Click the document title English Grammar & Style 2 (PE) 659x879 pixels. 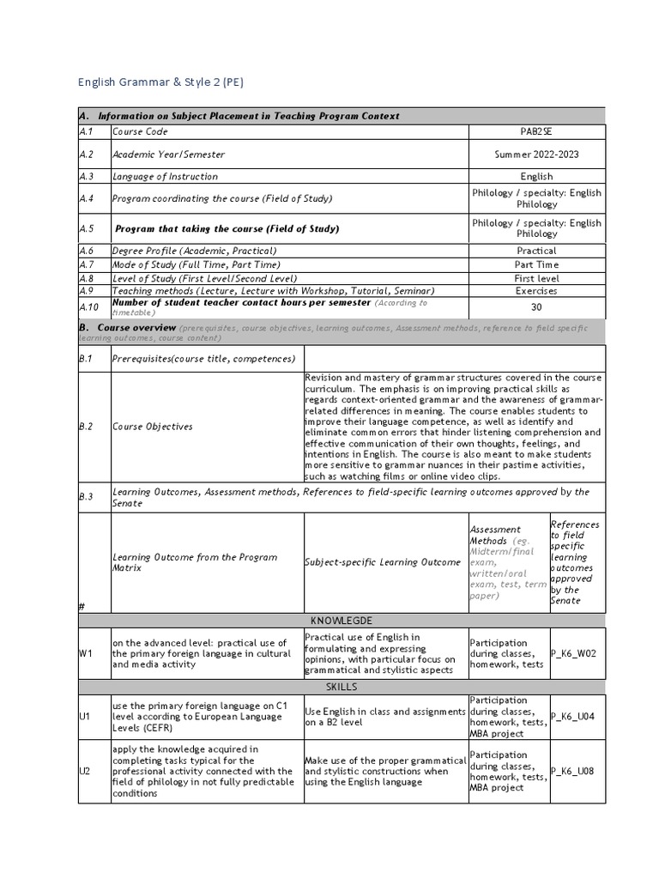tap(161, 82)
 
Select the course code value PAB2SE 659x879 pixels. tap(536, 132)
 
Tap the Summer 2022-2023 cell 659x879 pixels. tap(536, 155)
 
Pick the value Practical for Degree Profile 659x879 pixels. tap(536, 251)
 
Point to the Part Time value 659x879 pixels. tap(536, 264)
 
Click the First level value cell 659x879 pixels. tap(536, 278)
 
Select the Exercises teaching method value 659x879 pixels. tap(536, 291)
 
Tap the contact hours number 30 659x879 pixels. tap(536, 307)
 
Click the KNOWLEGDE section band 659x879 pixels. tap(342, 620)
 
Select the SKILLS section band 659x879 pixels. tap(342, 688)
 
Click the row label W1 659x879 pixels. tap(86, 653)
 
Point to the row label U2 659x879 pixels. tap(85, 771)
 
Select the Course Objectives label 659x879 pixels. tap(152, 427)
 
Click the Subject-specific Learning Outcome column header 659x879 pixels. tap(383, 562)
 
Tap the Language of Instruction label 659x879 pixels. tap(165, 177)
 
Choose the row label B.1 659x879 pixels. tap(85, 359)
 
